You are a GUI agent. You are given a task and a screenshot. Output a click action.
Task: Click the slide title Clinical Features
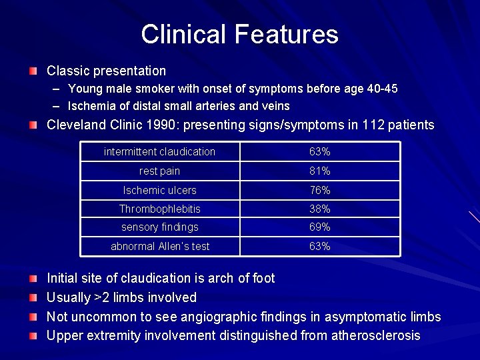coord(239,34)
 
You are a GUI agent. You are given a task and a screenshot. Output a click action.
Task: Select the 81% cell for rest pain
coord(319,171)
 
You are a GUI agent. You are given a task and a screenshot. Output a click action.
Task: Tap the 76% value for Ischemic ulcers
coord(319,190)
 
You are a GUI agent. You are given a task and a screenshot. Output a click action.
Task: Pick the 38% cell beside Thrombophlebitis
coord(319,209)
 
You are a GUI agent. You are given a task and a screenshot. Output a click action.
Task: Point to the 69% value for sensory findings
coord(319,227)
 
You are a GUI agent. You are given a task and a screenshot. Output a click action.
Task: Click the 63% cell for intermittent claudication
coord(319,152)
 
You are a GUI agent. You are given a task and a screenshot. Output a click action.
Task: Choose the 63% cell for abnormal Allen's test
coord(319,246)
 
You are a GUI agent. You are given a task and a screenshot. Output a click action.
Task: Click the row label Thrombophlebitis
coord(160,209)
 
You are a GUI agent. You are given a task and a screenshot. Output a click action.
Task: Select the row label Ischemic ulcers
coord(160,190)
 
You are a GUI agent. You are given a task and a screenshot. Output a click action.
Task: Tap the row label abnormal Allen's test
coord(160,246)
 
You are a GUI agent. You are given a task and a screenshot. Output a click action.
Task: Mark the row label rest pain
coord(160,171)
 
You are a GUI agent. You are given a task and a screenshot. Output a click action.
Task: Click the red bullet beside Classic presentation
coord(33,71)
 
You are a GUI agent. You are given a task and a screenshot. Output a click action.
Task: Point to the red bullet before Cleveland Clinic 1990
coord(33,125)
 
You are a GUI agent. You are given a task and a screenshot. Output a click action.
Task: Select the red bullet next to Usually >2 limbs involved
coord(33,297)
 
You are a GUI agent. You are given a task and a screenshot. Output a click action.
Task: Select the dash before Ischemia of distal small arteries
coord(56,106)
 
